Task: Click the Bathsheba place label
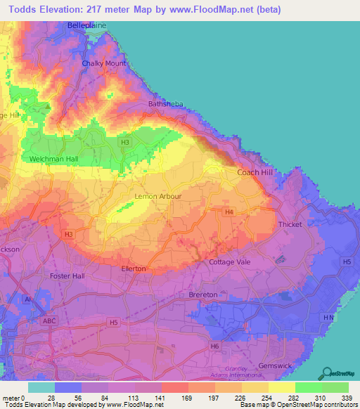point(165,104)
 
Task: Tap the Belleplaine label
point(86,25)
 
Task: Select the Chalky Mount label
point(103,63)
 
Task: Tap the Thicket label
point(290,224)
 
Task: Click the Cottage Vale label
point(229,262)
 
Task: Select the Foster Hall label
point(67,275)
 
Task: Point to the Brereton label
point(203,295)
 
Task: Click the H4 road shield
point(229,212)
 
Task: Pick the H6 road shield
point(214,346)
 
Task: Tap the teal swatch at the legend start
point(41,387)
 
